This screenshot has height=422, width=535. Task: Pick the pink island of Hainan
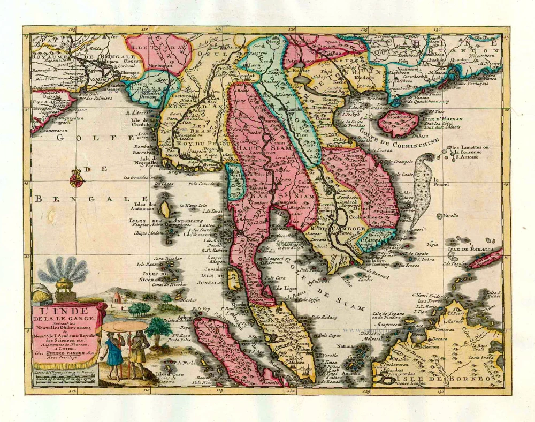tap(399, 123)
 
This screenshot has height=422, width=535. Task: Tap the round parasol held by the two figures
tap(125, 326)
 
